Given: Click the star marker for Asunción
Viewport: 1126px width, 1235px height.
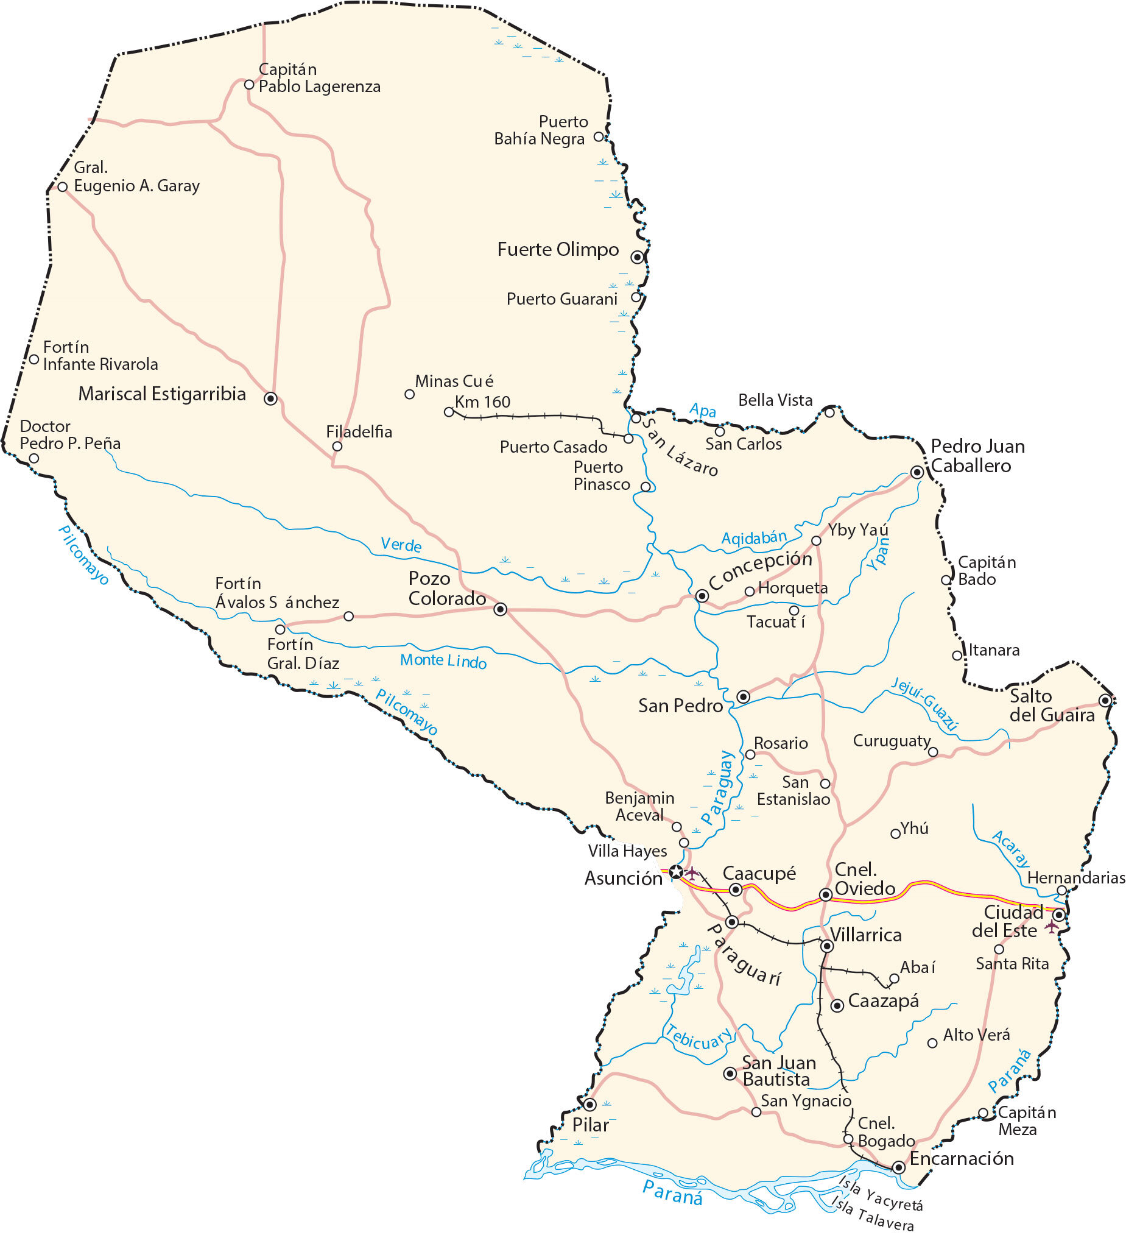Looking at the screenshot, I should [x=675, y=872].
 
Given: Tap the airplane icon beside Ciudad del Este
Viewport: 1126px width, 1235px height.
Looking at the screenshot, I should [x=1052, y=925].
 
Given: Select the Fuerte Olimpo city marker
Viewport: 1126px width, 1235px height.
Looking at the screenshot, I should [x=638, y=257].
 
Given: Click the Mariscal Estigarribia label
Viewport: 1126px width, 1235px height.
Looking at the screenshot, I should [x=161, y=394].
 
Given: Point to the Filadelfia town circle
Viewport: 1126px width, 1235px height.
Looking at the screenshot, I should [x=337, y=447].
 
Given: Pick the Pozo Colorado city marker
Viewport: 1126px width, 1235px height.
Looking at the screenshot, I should [x=500, y=609].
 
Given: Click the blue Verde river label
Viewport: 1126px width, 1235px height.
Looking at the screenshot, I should [x=401, y=545].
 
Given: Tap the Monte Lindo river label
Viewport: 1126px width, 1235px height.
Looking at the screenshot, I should [x=443, y=661].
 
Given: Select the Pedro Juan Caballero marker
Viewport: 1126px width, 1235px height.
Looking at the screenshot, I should [x=917, y=472].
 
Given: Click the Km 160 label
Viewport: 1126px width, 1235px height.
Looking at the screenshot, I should [x=482, y=402].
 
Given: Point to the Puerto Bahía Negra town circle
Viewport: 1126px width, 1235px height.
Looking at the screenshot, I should [x=599, y=136].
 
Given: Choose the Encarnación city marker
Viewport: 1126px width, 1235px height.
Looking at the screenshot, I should [x=898, y=1167].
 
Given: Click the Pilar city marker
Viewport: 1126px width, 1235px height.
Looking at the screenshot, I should [x=589, y=1105].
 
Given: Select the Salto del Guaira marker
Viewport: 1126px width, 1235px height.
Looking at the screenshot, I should [x=1105, y=700].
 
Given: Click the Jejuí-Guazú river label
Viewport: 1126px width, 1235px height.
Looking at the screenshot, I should [x=924, y=704].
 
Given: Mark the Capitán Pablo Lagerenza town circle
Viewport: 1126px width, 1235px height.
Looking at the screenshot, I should [x=249, y=85].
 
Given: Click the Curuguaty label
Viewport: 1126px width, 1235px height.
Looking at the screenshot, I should [x=892, y=741].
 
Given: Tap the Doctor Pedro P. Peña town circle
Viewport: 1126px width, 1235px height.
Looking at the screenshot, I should [x=34, y=458].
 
